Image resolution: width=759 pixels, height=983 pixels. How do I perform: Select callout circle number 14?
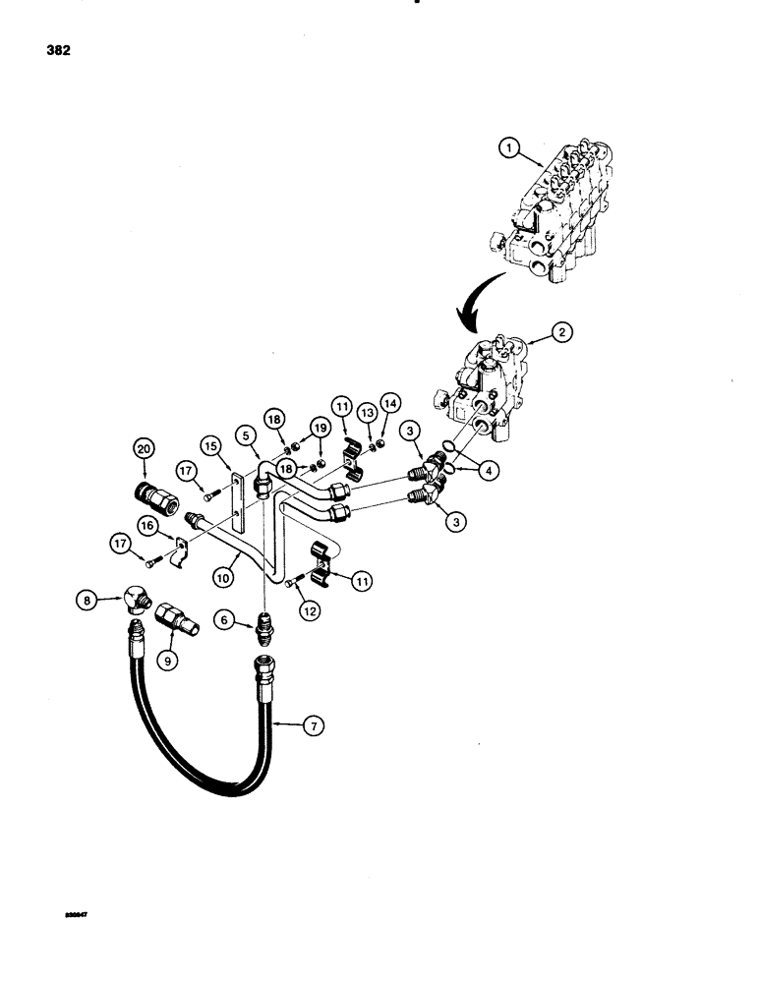coord(390,402)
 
